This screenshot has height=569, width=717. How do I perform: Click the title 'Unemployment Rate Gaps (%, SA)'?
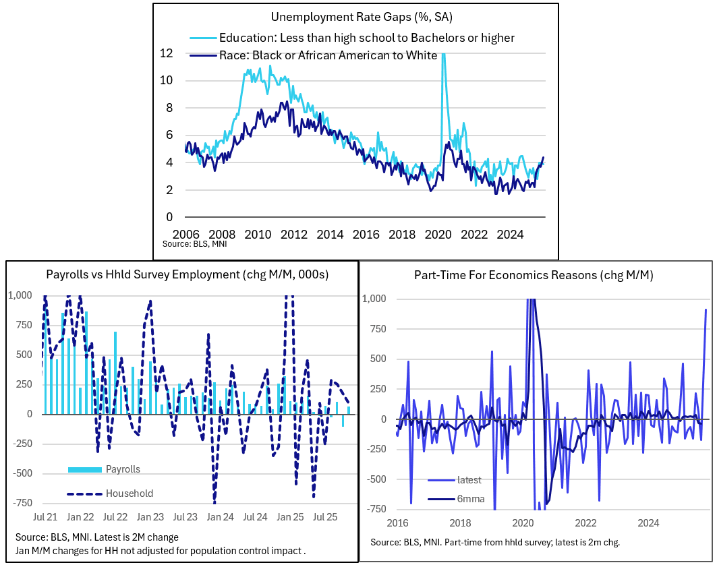[356, 17]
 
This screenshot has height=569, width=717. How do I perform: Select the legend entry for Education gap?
[367, 38]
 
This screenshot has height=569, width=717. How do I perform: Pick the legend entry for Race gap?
[328, 55]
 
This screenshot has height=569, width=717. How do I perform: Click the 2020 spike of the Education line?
[443, 57]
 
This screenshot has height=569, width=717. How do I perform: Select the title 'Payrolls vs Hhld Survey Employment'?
[182, 275]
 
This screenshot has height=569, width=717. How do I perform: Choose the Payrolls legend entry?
[123, 469]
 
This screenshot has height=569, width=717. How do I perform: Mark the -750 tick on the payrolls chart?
[22, 503]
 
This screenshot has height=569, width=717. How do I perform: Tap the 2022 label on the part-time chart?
[586, 523]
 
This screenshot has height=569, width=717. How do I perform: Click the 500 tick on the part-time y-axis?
[376, 359]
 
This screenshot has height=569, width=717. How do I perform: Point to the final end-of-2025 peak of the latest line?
[706, 310]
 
